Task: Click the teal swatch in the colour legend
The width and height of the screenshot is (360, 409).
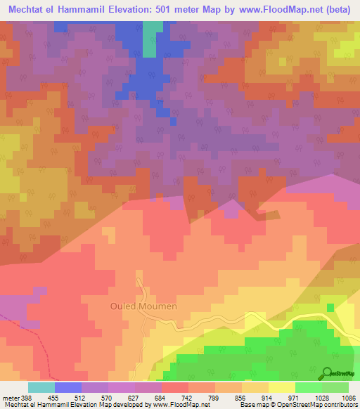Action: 41,387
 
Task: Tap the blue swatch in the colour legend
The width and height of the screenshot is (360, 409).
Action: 68,387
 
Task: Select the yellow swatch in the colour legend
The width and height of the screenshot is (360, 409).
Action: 282,387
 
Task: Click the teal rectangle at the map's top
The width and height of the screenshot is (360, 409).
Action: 150,38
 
